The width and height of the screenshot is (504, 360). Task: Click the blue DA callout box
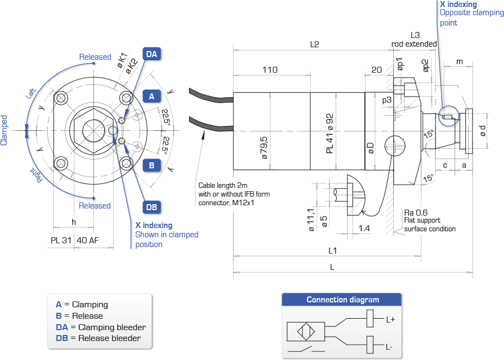(152, 54)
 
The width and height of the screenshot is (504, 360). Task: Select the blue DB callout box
(152, 207)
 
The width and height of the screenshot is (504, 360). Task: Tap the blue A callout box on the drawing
(152, 97)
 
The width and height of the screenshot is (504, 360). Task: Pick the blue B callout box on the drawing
(152, 166)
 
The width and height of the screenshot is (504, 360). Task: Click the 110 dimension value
(270, 70)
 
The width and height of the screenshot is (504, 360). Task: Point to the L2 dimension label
(314, 45)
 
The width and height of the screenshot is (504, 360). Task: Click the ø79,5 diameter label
(264, 148)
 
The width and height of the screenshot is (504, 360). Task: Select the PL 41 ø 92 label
(330, 134)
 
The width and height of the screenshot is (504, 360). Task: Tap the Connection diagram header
(343, 300)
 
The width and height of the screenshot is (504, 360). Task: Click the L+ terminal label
(390, 319)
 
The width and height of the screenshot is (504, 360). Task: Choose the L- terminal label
(389, 347)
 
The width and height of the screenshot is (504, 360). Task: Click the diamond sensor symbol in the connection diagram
(306, 331)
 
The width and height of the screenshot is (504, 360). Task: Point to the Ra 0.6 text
(415, 212)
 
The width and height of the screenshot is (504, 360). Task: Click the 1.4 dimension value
(364, 228)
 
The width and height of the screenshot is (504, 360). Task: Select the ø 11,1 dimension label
(311, 220)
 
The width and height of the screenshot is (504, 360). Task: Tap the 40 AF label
(87, 240)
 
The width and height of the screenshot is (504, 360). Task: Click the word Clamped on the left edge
(4, 130)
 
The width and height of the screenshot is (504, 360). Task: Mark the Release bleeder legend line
(98, 338)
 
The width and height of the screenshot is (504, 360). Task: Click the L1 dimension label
(332, 250)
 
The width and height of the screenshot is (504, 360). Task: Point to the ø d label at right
(482, 131)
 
